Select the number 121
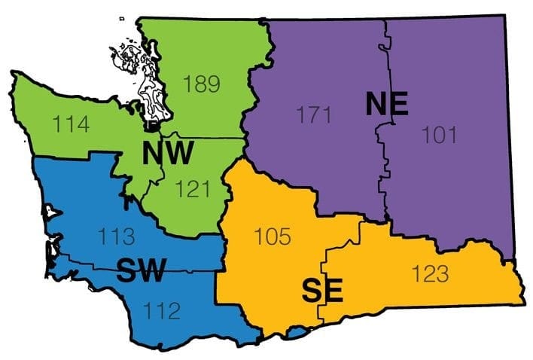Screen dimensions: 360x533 [192, 188]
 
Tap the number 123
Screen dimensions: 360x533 [430, 273]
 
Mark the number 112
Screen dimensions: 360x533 [163, 308]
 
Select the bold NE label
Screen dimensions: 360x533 [386, 104]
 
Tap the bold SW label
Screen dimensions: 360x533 [140, 269]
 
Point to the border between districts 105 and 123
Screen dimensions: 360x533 [324, 271]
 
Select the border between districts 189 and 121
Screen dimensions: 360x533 [203, 139]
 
